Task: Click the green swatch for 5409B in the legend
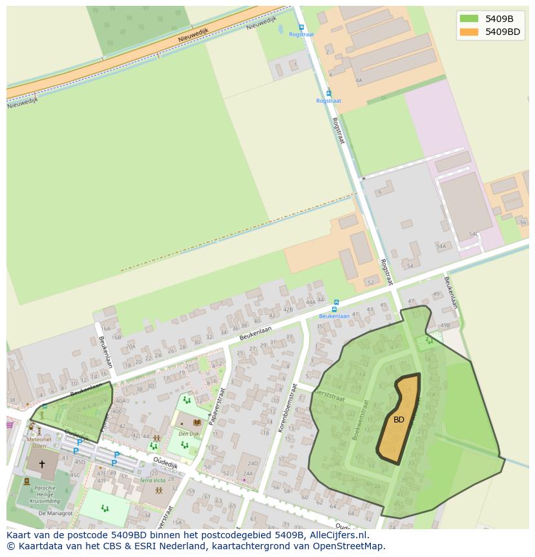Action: tap(469, 18)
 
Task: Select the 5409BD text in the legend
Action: tap(503, 32)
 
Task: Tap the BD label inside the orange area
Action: tap(399, 420)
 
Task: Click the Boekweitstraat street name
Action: tap(360, 420)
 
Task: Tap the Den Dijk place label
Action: tap(189, 433)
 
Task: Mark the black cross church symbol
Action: tap(42, 464)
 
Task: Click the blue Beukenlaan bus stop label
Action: tap(335, 316)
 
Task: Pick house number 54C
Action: tap(473, 234)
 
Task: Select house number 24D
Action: tap(252, 463)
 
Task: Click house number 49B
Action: tap(445, 325)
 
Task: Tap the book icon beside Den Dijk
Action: tap(197, 422)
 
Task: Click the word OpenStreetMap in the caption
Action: tap(348, 546)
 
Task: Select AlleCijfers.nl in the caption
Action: tap(337, 535)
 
